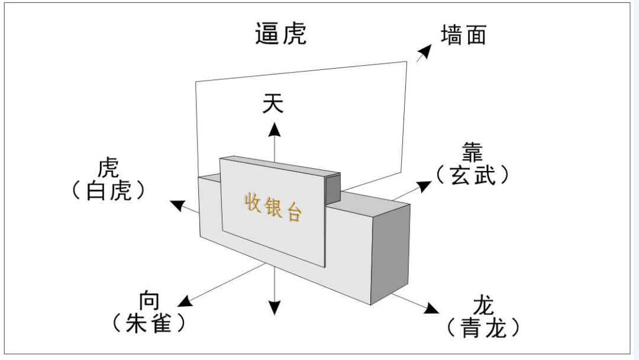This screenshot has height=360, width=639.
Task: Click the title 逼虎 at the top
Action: coord(281,33)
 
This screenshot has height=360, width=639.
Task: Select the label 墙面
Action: coord(464,35)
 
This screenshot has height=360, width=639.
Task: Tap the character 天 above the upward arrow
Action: coord(273,103)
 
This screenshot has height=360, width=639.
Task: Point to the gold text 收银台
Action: coord(273,208)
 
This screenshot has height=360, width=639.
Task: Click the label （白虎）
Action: coord(108,191)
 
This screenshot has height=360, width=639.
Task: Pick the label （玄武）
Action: coord(473,175)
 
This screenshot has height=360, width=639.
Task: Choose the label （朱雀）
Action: coord(149,323)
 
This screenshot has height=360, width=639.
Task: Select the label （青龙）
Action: coord(483,327)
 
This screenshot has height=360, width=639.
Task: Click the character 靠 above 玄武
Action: coord(473,153)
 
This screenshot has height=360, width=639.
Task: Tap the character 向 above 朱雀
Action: coord(149,301)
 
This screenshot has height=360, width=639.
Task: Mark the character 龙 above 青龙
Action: coord(484,306)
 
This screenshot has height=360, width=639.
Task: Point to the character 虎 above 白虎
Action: coord(108,168)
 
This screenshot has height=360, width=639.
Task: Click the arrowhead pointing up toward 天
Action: coord(275,129)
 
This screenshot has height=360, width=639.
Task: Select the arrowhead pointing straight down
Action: coord(275,308)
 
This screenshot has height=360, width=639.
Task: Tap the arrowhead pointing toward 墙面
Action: coord(425,52)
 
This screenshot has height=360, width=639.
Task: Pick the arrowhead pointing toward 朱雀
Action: coord(185,301)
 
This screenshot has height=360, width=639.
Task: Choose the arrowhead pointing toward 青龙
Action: coord(431,308)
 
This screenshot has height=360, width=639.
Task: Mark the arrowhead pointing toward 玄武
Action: coord(424,185)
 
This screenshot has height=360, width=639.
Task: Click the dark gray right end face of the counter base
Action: coord(390,253)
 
